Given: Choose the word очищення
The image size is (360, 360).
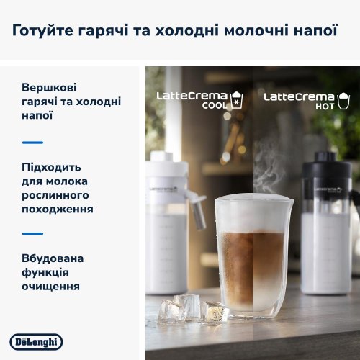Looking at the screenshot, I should [x=50, y=287].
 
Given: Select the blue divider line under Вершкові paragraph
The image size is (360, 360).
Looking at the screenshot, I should [x=32, y=143].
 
